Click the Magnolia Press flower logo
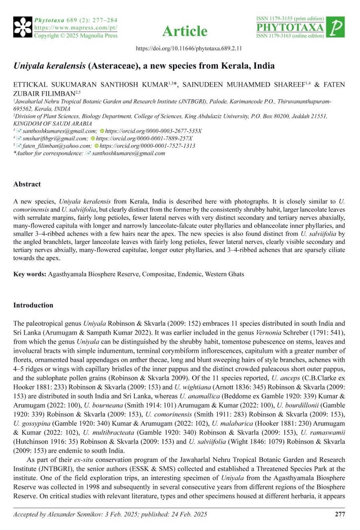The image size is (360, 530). pos(23,28)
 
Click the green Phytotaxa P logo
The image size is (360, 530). pos(336,28)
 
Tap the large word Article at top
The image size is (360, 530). pos(185,31)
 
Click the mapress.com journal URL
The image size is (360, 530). pos(76,28)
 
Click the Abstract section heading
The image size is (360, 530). pos(27,184)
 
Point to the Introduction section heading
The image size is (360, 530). pos(33,305)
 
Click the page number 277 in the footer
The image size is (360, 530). pos(340,514)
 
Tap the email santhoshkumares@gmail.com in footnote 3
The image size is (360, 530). pos(60,131)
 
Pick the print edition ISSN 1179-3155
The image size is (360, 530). pos(290,19)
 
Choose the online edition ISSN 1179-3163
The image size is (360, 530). pos(290,36)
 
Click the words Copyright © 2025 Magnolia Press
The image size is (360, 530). pos(76,36)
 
